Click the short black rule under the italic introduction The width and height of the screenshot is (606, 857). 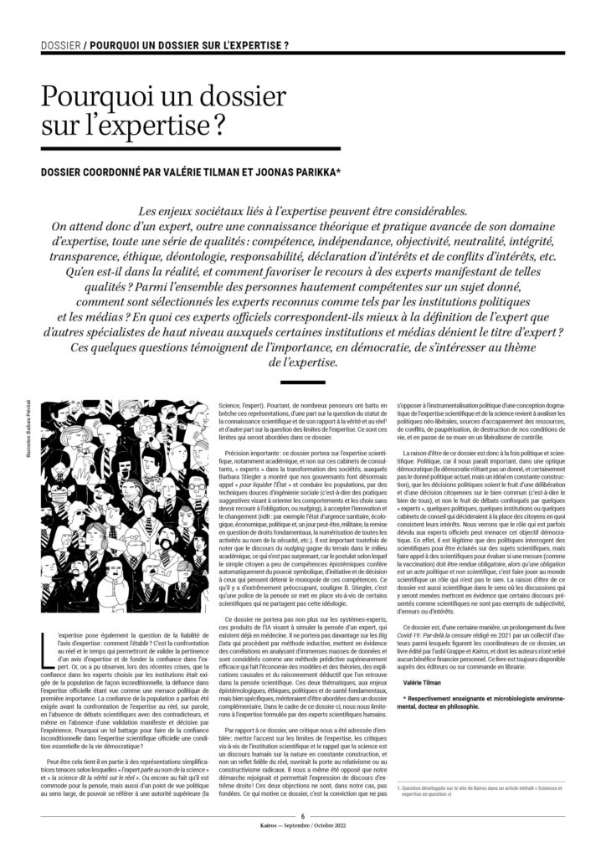point(302,381)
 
